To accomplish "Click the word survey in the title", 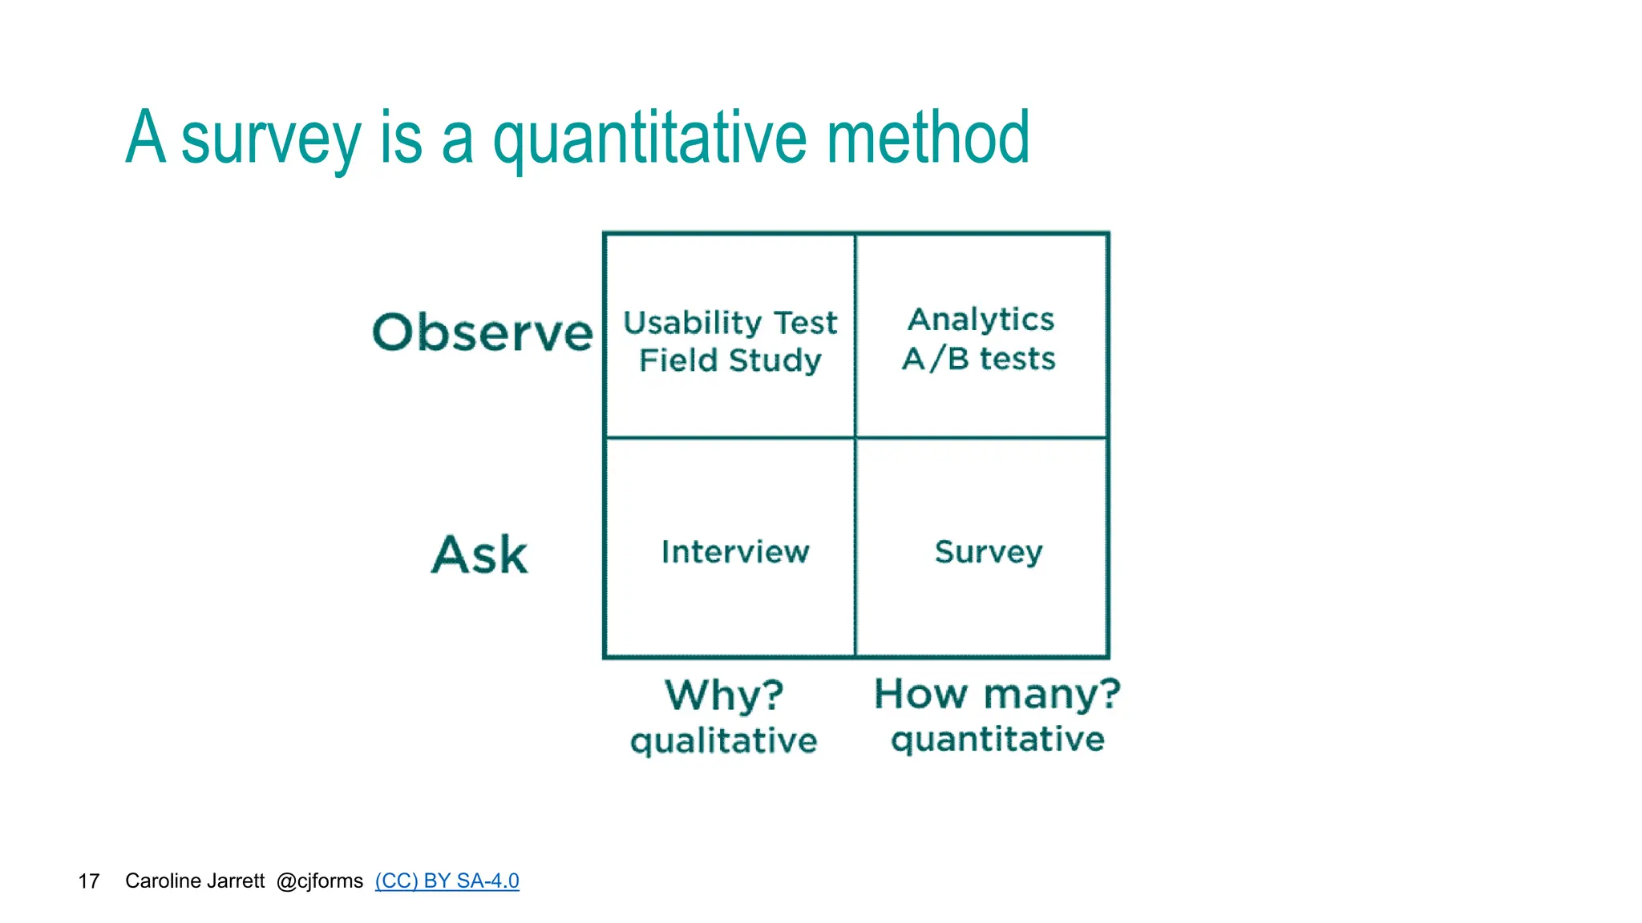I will click(x=271, y=139).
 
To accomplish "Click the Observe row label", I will click(x=483, y=333).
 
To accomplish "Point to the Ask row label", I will click(x=479, y=554).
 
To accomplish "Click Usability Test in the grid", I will click(x=730, y=323).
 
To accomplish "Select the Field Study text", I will click(x=730, y=361).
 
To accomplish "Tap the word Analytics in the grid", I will click(x=981, y=320).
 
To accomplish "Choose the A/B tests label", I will click(x=979, y=358).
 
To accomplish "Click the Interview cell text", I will click(x=734, y=552).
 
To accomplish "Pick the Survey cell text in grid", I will click(x=988, y=552).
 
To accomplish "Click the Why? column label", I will click(x=724, y=694).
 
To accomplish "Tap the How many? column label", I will click(x=997, y=693).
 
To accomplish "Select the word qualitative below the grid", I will click(x=723, y=741).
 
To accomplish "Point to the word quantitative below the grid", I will click(x=997, y=740).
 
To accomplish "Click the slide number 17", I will click(x=88, y=881).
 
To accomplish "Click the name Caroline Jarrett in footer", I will click(x=195, y=881).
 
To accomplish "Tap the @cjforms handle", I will click(x=319, y=881).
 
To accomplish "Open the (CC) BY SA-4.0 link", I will click(x=447, y=881).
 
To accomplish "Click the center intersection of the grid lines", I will click(x=855, y=437).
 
